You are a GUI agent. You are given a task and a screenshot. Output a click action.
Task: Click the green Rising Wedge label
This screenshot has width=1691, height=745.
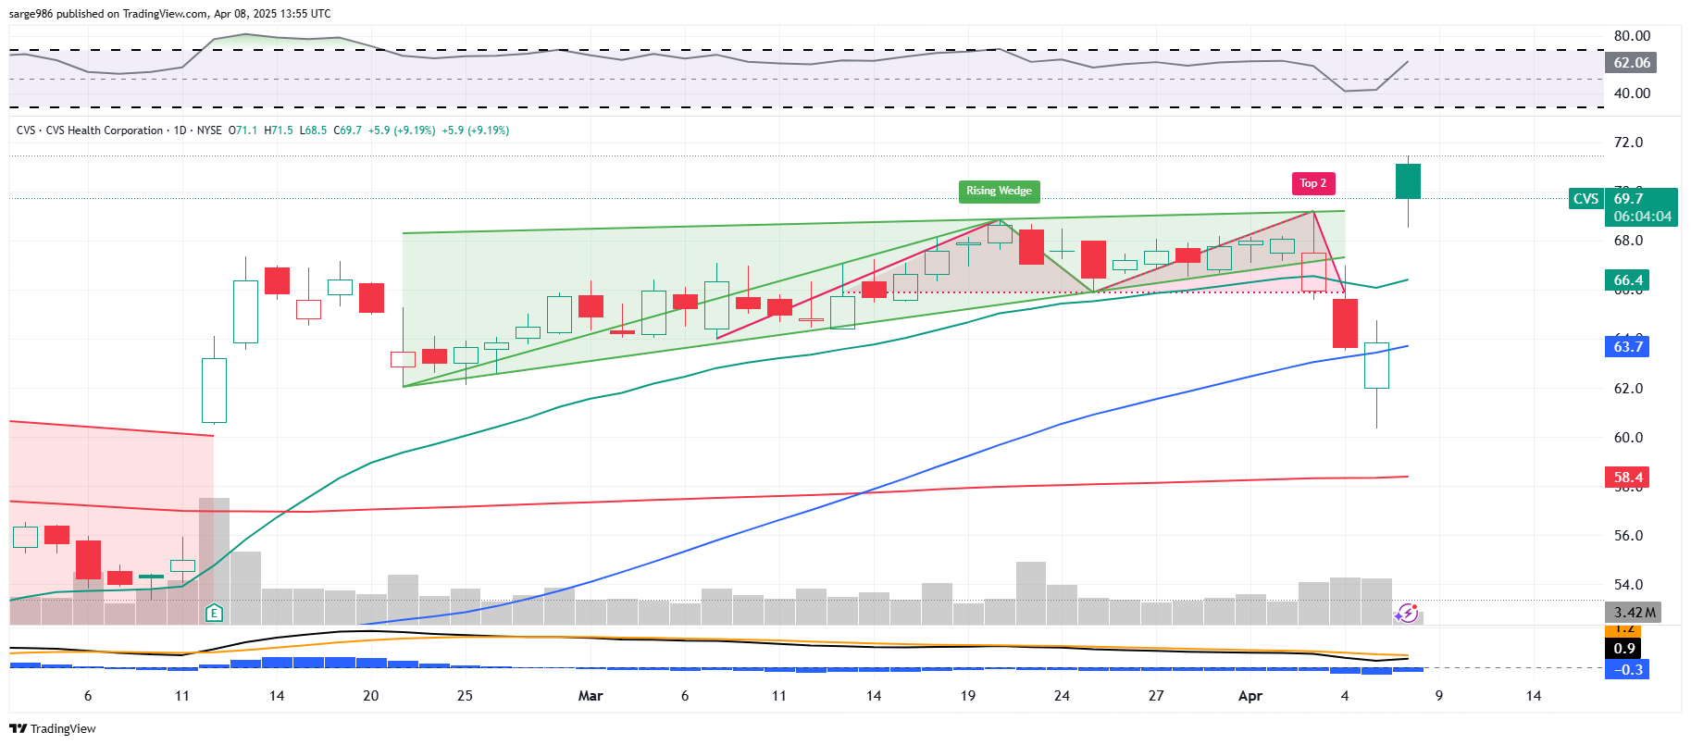tap(999, 191)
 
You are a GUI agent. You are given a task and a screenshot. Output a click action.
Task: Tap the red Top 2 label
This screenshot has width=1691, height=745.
tap(1312, 183)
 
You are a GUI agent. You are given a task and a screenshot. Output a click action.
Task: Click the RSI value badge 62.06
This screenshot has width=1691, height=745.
tap(1631, 63)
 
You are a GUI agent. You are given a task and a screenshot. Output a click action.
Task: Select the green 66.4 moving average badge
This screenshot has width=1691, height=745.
tap(1628, 279)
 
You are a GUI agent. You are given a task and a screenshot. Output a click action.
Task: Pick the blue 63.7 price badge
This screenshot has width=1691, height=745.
tap(1628, 346)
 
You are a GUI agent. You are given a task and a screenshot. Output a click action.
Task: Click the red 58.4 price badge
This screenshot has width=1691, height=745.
tap(1628, 478)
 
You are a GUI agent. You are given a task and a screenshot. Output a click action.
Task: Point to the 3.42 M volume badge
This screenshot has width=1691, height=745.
tap(1634, 613)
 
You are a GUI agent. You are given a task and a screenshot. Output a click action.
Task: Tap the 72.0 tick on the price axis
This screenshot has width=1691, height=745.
tap(1628, 143)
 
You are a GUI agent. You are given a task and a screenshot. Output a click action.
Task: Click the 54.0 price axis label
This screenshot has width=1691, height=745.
tap(1628, 585)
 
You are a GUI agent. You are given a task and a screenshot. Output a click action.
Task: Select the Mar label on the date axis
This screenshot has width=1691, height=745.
tap(591, 696)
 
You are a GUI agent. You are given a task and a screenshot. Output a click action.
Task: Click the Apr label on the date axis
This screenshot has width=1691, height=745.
tap(1250, 696)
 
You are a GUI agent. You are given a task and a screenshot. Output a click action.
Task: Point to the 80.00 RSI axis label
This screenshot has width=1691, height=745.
tap(1632, 36)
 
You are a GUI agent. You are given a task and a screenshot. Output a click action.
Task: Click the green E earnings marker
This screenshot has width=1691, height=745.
tap(214, 613)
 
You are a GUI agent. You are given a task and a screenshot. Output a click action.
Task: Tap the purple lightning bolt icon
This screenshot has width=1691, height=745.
tap(1407, 613)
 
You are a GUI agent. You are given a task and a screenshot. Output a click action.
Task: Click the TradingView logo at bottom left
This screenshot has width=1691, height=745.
tap(53, 728)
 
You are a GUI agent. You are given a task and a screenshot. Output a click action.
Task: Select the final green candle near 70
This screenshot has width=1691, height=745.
tap(1408, 181)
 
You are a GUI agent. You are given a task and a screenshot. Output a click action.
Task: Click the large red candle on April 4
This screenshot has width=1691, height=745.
tap(1345, 323)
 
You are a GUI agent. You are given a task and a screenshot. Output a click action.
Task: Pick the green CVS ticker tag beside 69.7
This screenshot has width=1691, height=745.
tap(1585, 199)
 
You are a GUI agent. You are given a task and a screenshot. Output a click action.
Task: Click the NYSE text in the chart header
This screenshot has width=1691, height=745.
tap(209, 130)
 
